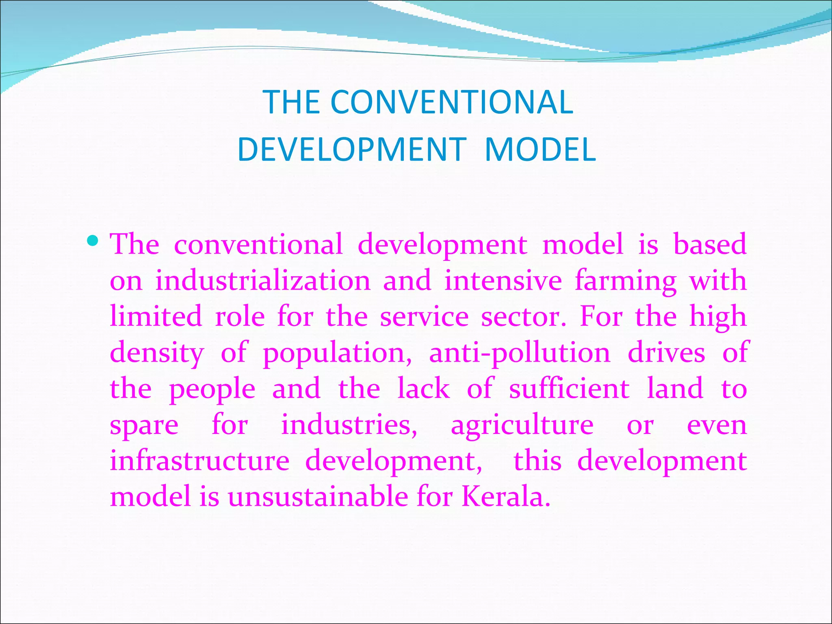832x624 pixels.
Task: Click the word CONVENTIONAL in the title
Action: coord(451,102)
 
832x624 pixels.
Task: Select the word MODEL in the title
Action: coord(540,149)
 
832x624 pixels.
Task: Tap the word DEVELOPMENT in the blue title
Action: coord(352,149)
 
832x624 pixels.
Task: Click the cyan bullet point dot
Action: coord(93,240)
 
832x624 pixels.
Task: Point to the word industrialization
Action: coord(263,281)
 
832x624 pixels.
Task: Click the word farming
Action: coord(626,282)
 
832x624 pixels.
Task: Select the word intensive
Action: coord(503,281)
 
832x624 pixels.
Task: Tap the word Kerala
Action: coord(506,496)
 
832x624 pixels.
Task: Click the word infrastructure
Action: coord(199,461)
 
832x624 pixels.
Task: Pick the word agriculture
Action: coord(522,426)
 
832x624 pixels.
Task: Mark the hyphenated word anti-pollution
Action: coord(520,353)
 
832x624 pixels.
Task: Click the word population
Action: coord(337,353)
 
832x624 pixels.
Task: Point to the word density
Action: coord(157,353)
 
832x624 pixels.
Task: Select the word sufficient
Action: coord(569,388)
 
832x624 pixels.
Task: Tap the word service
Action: coord(424,316)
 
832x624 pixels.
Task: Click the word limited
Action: coord(156,316)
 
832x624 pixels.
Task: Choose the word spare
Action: coord(144,426)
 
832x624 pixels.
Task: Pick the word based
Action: coord(710,245)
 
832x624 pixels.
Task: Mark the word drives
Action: coord(666,352)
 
